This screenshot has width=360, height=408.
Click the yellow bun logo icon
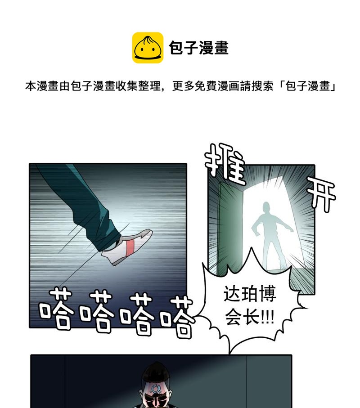pyautogui.click(x=148, y=48)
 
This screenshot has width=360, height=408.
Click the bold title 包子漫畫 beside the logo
pyautogui.click(x=199, y=48)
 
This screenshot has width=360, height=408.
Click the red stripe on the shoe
pyautogui.click(x=130, y=247)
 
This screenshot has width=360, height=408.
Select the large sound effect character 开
pyautogui.click(x=321, y=194)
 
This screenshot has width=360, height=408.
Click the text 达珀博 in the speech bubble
pyautogui.click(x=250, y=294)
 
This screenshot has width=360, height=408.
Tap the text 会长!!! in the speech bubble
pyautogui.click(x=250, y=317)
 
